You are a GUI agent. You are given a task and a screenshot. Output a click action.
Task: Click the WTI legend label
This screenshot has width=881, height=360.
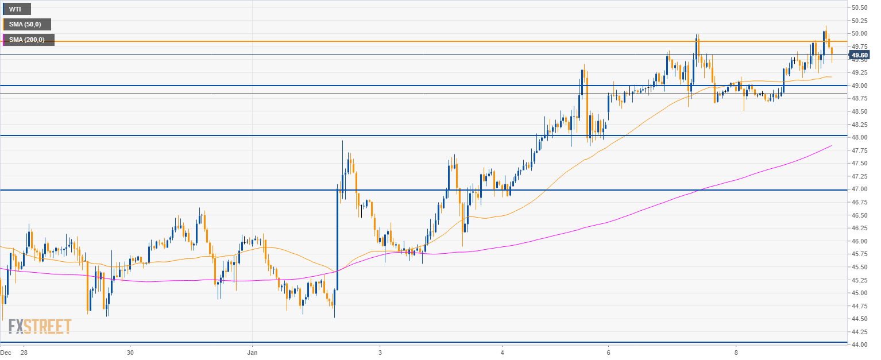tap(17, 9)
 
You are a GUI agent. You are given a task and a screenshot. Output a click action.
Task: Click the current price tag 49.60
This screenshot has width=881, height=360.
tap(859, 55)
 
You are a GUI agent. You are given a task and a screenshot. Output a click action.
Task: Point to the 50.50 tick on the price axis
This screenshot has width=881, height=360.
tap(859, 7)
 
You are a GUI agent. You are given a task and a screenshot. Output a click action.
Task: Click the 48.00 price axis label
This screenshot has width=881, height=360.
tap(859, 137)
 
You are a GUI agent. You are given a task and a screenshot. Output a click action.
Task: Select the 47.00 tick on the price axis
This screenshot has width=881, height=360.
tap(859, 189)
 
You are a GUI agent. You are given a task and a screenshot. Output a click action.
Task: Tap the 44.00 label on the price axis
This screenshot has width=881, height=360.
tap(859, 344)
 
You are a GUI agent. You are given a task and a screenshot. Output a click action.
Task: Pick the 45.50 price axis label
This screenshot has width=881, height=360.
tap(859, 267)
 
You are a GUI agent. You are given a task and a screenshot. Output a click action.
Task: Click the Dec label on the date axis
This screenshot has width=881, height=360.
tap(6, 352)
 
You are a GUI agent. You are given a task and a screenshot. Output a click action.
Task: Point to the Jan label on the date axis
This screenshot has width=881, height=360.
tap(252, 352)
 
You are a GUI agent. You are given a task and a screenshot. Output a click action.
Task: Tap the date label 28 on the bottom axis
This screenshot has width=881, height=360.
tap(24, 352)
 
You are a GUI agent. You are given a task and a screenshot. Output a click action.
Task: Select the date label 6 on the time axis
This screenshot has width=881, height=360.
tap(608, 352)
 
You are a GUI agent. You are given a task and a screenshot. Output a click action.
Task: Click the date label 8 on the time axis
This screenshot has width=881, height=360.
tap(736, 352)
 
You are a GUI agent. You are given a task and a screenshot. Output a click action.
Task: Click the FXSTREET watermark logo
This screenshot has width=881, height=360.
tap(40, 327)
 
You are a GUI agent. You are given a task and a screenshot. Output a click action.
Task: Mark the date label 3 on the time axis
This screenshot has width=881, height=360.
tap(380, 352)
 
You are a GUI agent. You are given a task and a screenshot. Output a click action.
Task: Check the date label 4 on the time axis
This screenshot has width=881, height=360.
tap(502, 352)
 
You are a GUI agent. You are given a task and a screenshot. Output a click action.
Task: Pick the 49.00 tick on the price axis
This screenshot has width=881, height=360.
tap(859, 86)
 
